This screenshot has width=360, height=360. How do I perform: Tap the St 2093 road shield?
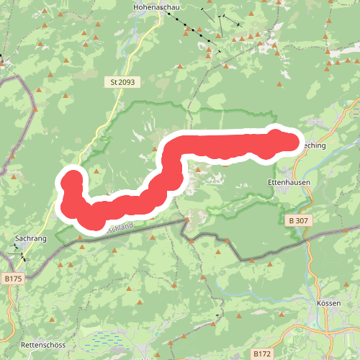pos(122,82)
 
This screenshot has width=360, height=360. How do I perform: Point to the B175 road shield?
pos(12,277)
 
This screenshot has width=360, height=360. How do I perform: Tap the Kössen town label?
pos(328,303)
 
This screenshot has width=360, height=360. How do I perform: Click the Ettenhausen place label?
pos(287,183)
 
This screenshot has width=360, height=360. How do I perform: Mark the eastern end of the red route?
pos(292,142)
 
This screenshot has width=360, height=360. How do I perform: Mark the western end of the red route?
pos(71,179)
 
